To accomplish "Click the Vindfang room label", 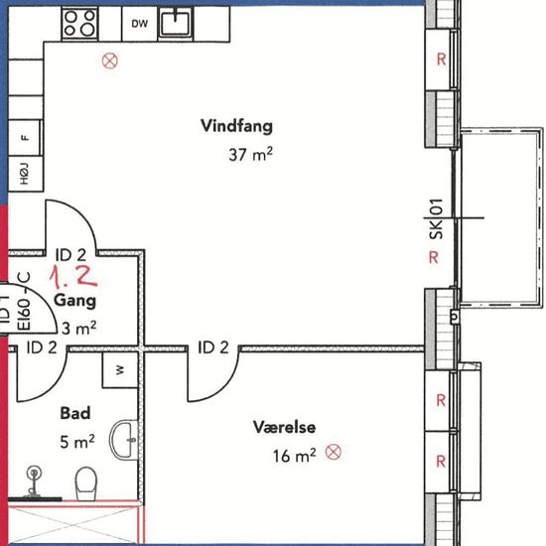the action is (237, 126).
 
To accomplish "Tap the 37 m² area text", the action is (250, 154).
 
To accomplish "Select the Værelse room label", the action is (285, 427).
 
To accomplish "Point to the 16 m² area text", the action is (294, 456).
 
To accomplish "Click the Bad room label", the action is (75, 413).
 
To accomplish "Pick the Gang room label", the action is (74, 301).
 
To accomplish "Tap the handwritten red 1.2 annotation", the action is (73, 277).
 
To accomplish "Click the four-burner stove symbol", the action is (79, 24).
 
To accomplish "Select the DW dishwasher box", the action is (140, 24).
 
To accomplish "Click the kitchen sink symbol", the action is (176, 24).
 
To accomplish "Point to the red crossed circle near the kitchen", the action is (110, 61).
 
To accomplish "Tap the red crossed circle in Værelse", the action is (334, 452).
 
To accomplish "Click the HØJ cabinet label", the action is (24, 174).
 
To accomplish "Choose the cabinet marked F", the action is (25, 138).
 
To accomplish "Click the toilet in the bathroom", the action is (86, 483).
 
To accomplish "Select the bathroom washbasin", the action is (124, 440).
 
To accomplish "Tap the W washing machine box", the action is (120, 370).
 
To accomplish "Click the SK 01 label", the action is (436, 219).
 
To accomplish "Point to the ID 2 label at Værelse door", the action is (213, 347).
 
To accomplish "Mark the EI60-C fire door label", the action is (25, 301).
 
